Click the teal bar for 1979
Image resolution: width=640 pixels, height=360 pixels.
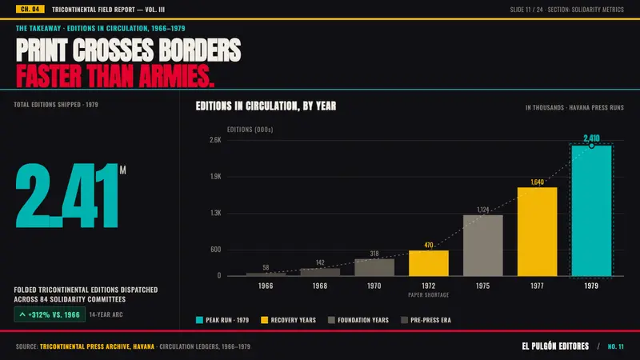pos(591,210)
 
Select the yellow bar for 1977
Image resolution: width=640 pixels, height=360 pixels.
pos(537,232)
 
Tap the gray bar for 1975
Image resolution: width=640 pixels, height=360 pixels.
pos(483,246)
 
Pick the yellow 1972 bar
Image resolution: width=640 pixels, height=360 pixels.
pos(429,263)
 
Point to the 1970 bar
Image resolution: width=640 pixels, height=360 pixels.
pos(374,267)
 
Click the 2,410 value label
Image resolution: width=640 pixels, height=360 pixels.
pos(591,138)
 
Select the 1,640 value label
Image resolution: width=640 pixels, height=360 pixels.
pos(537,182)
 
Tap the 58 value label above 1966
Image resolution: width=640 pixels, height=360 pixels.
pos(266,268)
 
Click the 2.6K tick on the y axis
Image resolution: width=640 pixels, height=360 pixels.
pos(215,140)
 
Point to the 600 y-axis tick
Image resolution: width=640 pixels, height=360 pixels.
pos(216,250)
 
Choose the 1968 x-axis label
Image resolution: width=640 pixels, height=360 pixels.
pos(320,286)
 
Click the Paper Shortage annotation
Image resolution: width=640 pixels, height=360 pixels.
pos(429,294)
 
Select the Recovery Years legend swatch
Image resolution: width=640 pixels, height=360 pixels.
pos(265,320)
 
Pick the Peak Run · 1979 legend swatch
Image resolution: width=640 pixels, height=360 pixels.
pos(199,320)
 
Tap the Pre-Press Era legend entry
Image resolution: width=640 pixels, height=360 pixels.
pos(426,320)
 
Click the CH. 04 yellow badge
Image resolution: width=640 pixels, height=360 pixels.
pos(30,9)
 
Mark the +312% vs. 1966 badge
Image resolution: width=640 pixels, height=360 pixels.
pos(50,314)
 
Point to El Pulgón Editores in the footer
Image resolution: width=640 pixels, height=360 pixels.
pos(555,346)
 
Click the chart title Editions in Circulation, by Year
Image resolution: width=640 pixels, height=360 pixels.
pos(266,106)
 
